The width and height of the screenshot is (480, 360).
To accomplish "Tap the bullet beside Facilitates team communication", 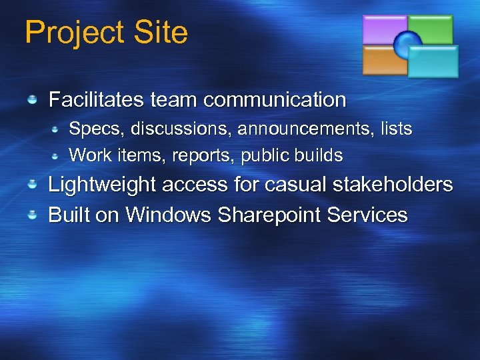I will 32,100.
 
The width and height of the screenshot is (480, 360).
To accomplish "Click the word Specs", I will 88,128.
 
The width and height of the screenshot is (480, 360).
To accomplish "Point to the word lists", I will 396,128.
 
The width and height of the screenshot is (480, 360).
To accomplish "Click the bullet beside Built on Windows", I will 32,215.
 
